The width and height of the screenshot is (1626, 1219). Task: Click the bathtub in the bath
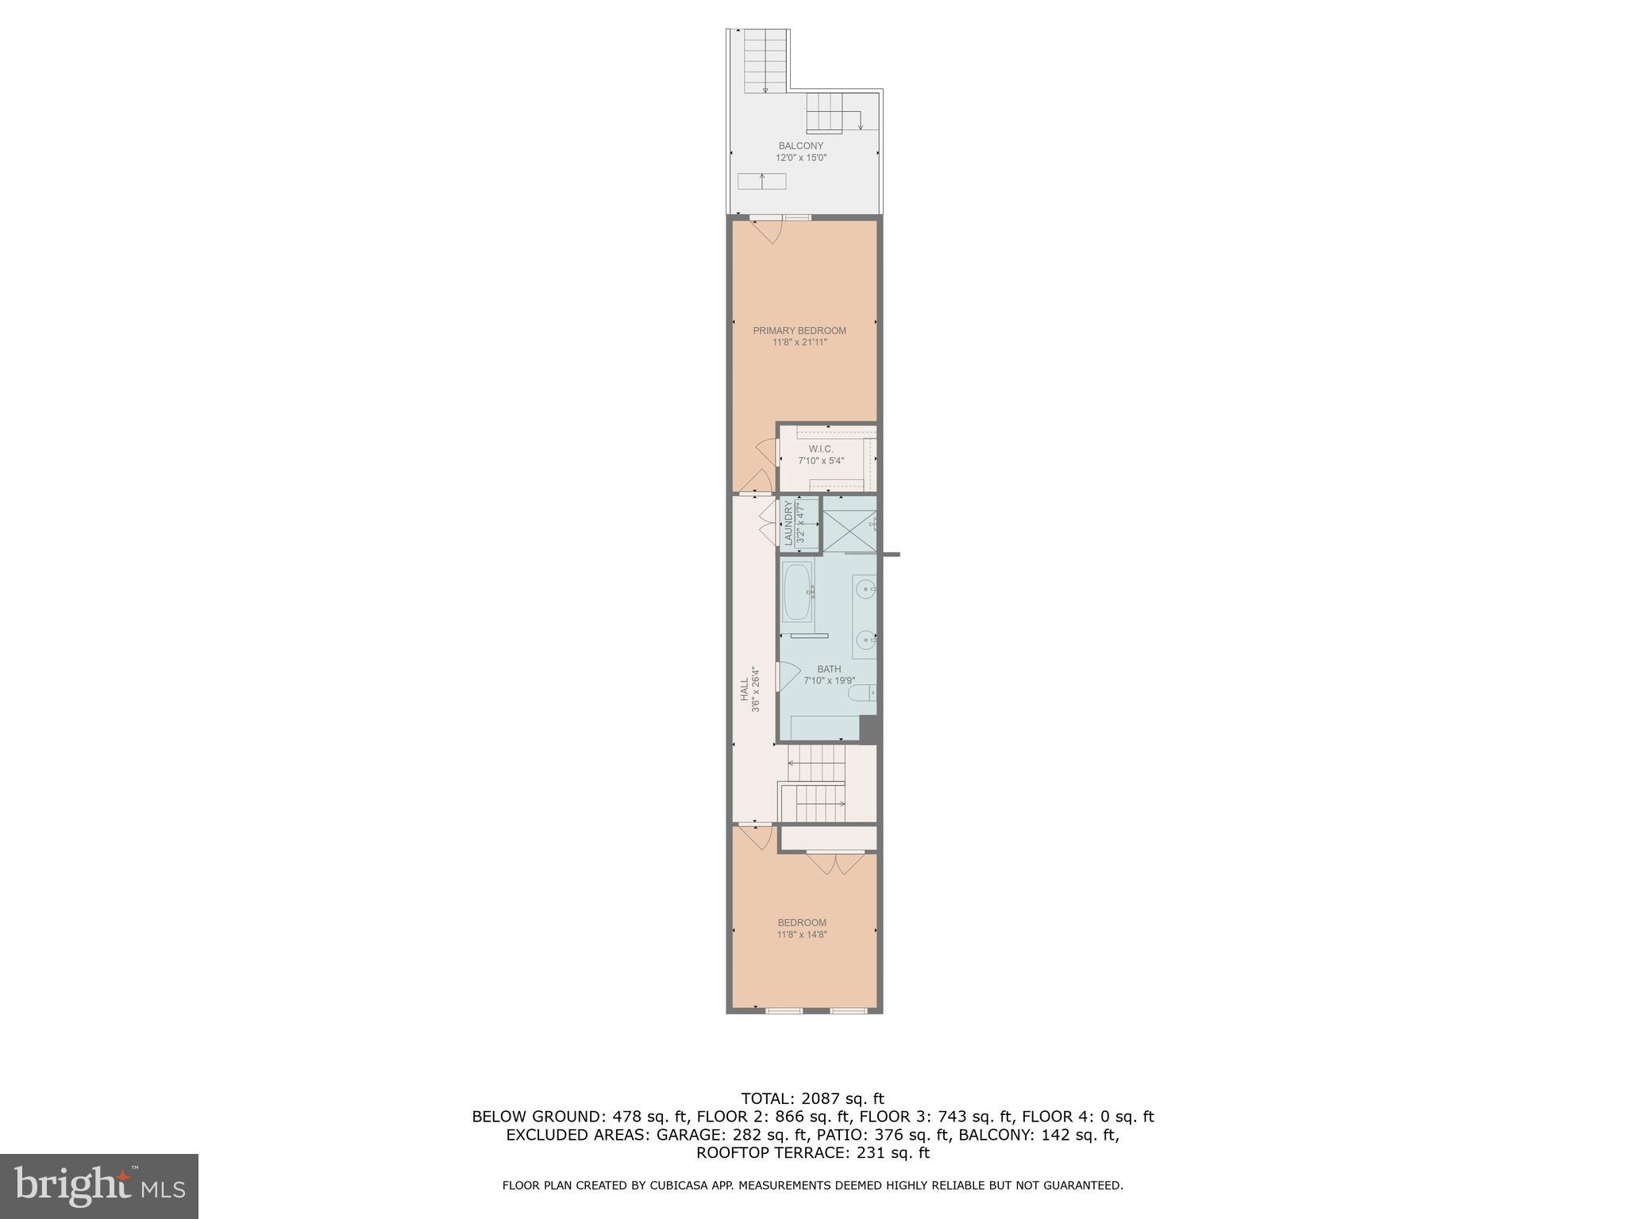pos(796,592)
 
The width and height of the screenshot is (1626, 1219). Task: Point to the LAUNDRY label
pos(788,523)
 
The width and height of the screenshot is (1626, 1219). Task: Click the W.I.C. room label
pos(821,449)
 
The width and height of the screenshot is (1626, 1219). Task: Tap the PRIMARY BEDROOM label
pos(800,331)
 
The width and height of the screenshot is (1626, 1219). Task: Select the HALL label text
pos(745,689)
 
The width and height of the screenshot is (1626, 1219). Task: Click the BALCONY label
pos(800,146)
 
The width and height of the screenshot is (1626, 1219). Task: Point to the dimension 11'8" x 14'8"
pos(802,935)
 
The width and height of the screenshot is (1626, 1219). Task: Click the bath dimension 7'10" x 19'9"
pos(829,681)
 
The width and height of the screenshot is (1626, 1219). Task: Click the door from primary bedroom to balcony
pos(767,230)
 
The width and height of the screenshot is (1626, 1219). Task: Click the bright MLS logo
pos(99,1186)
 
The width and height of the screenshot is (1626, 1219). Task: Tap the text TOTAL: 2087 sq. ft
pos(812,1099)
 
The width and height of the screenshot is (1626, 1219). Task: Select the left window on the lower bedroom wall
pos(784,1010)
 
